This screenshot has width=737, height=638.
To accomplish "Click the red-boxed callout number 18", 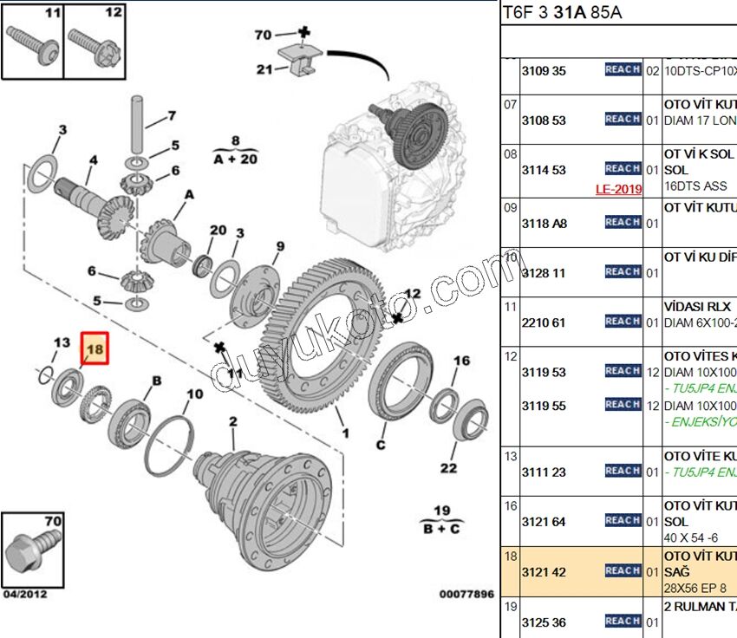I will pos(95,348).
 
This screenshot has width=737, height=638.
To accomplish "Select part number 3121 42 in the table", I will pos(543,572).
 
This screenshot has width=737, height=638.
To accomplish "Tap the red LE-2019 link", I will pos(618,189).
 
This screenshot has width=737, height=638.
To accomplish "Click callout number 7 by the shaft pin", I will pos(171,115).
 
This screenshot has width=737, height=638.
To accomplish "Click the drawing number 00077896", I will pos(466,595).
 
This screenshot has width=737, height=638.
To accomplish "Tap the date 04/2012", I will pos(25,595).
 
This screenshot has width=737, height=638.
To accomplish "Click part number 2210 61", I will pos(543,322).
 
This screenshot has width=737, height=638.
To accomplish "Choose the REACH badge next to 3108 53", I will pos(623,119).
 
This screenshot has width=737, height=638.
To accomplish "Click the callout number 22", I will pos(447,468).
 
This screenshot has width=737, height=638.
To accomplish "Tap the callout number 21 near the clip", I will pos(264,69).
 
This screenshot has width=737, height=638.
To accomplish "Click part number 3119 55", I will pos(543,406).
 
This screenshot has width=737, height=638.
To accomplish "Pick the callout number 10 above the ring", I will pos(195,394).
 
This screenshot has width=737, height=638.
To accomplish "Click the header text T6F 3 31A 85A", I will pos(563,13).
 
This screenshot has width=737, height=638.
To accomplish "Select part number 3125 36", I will pos(543,622).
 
